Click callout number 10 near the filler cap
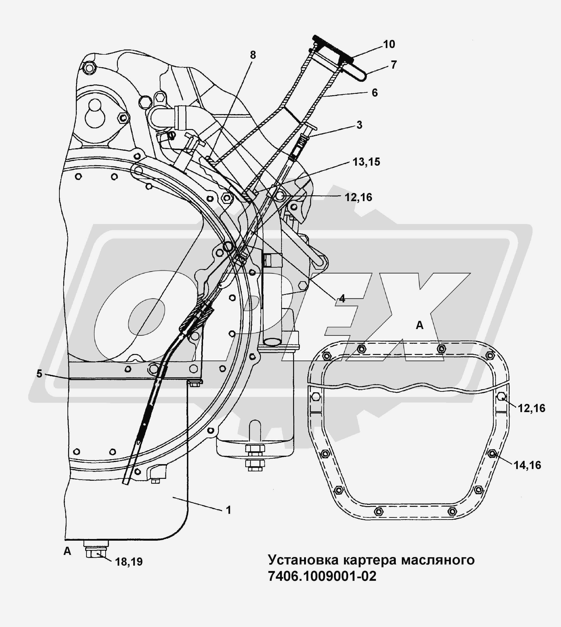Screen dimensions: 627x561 [x=389, y=44]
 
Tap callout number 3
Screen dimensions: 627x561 [x=359, y=125]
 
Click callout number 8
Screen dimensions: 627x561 [x=253, y=55]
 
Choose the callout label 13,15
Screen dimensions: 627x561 [x=366, y=162]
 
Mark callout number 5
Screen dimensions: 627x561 [x=39, y=374]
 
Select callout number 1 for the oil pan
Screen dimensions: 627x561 [x=228, y=510]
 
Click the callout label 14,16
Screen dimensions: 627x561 [x=527, y=465]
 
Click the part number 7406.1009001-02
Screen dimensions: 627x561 [x=322, y=576]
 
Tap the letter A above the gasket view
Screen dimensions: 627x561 [x=420, y=325]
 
